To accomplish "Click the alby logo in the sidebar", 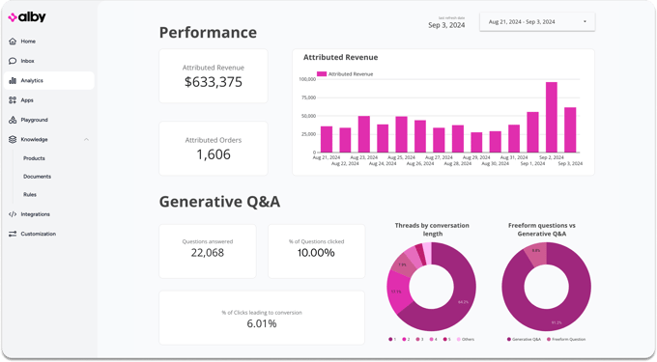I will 27,17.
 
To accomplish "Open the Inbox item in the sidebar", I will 27,61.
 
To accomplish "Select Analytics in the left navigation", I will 32,81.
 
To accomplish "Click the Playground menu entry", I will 34,120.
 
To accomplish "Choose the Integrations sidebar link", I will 35,214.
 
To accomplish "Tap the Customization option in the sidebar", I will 38,234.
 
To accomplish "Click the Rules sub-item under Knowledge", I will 30,195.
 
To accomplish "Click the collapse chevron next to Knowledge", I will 86,140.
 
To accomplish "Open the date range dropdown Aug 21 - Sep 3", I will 537,21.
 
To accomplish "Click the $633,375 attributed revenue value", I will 214,83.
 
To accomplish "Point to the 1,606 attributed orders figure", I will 214,154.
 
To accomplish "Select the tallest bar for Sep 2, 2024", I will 551,117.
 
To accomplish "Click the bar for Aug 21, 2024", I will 327,139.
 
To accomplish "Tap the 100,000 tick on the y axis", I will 307,79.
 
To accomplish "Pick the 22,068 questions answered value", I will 208,253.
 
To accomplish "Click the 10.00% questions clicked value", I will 316,253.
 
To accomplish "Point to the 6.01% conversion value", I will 262,323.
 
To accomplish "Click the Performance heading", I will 208,33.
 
